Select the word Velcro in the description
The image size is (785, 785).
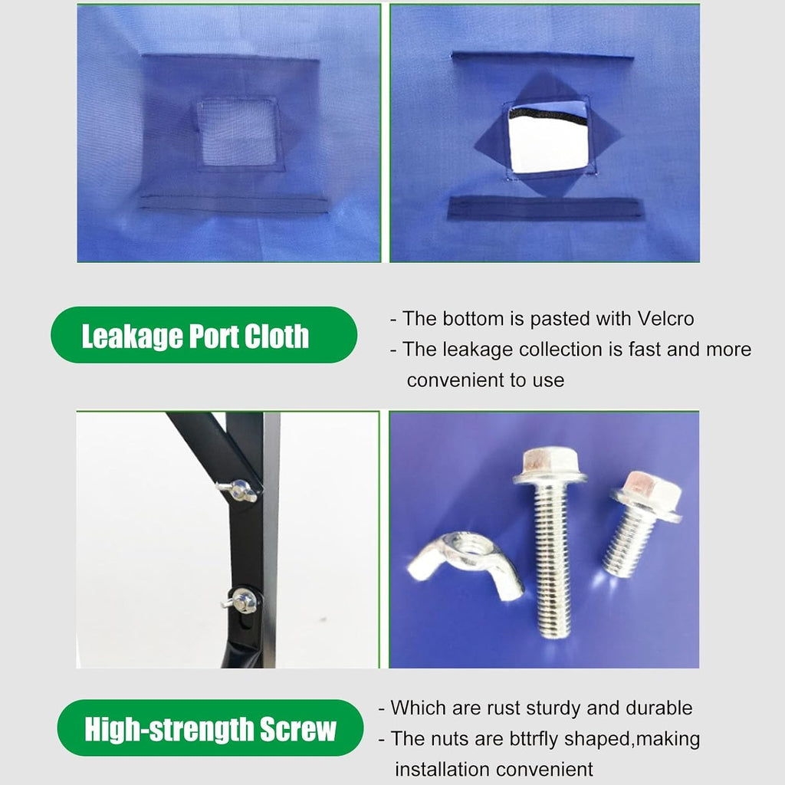click(666, 318)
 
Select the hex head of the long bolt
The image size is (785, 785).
click(549, 465)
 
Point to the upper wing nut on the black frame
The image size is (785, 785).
click(238, 489)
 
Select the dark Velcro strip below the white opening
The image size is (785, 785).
click(545, 209)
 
